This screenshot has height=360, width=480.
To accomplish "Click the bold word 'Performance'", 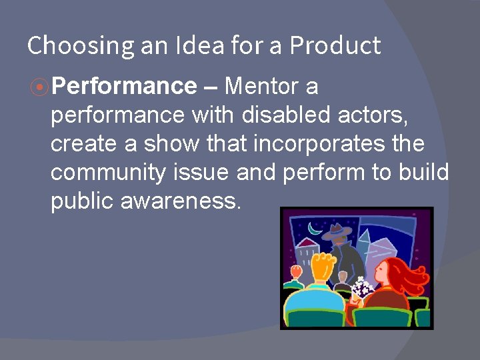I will (x=124, y=87).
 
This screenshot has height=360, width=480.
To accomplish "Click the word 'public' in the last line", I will (x=81, y=201).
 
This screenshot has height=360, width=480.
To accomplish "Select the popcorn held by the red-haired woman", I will (x=363, y=287).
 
